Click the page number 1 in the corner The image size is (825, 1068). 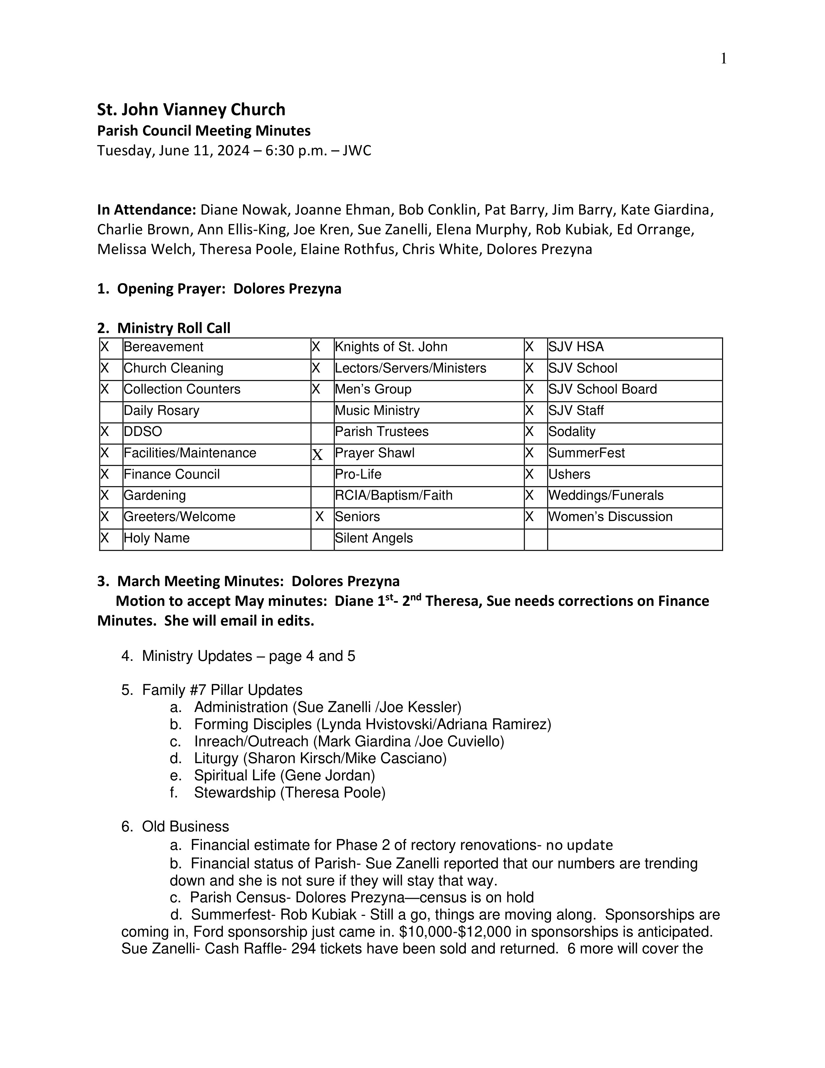[x=723, y=59]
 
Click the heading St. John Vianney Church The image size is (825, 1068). [x=191, y=109]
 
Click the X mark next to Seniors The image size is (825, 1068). [x=320, y=517]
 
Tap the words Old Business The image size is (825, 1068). [x=185, y=827]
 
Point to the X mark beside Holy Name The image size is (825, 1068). [x=104, y=539]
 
